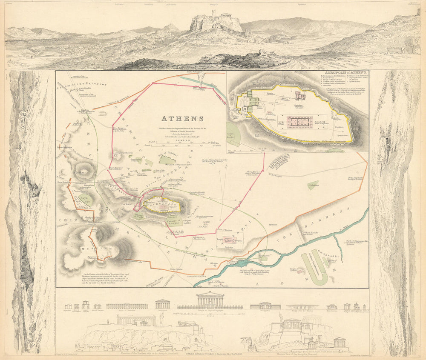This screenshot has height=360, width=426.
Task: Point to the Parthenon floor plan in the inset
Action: click(x=299, y=122)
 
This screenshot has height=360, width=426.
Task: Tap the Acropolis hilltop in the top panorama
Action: click(x=215, y=21)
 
